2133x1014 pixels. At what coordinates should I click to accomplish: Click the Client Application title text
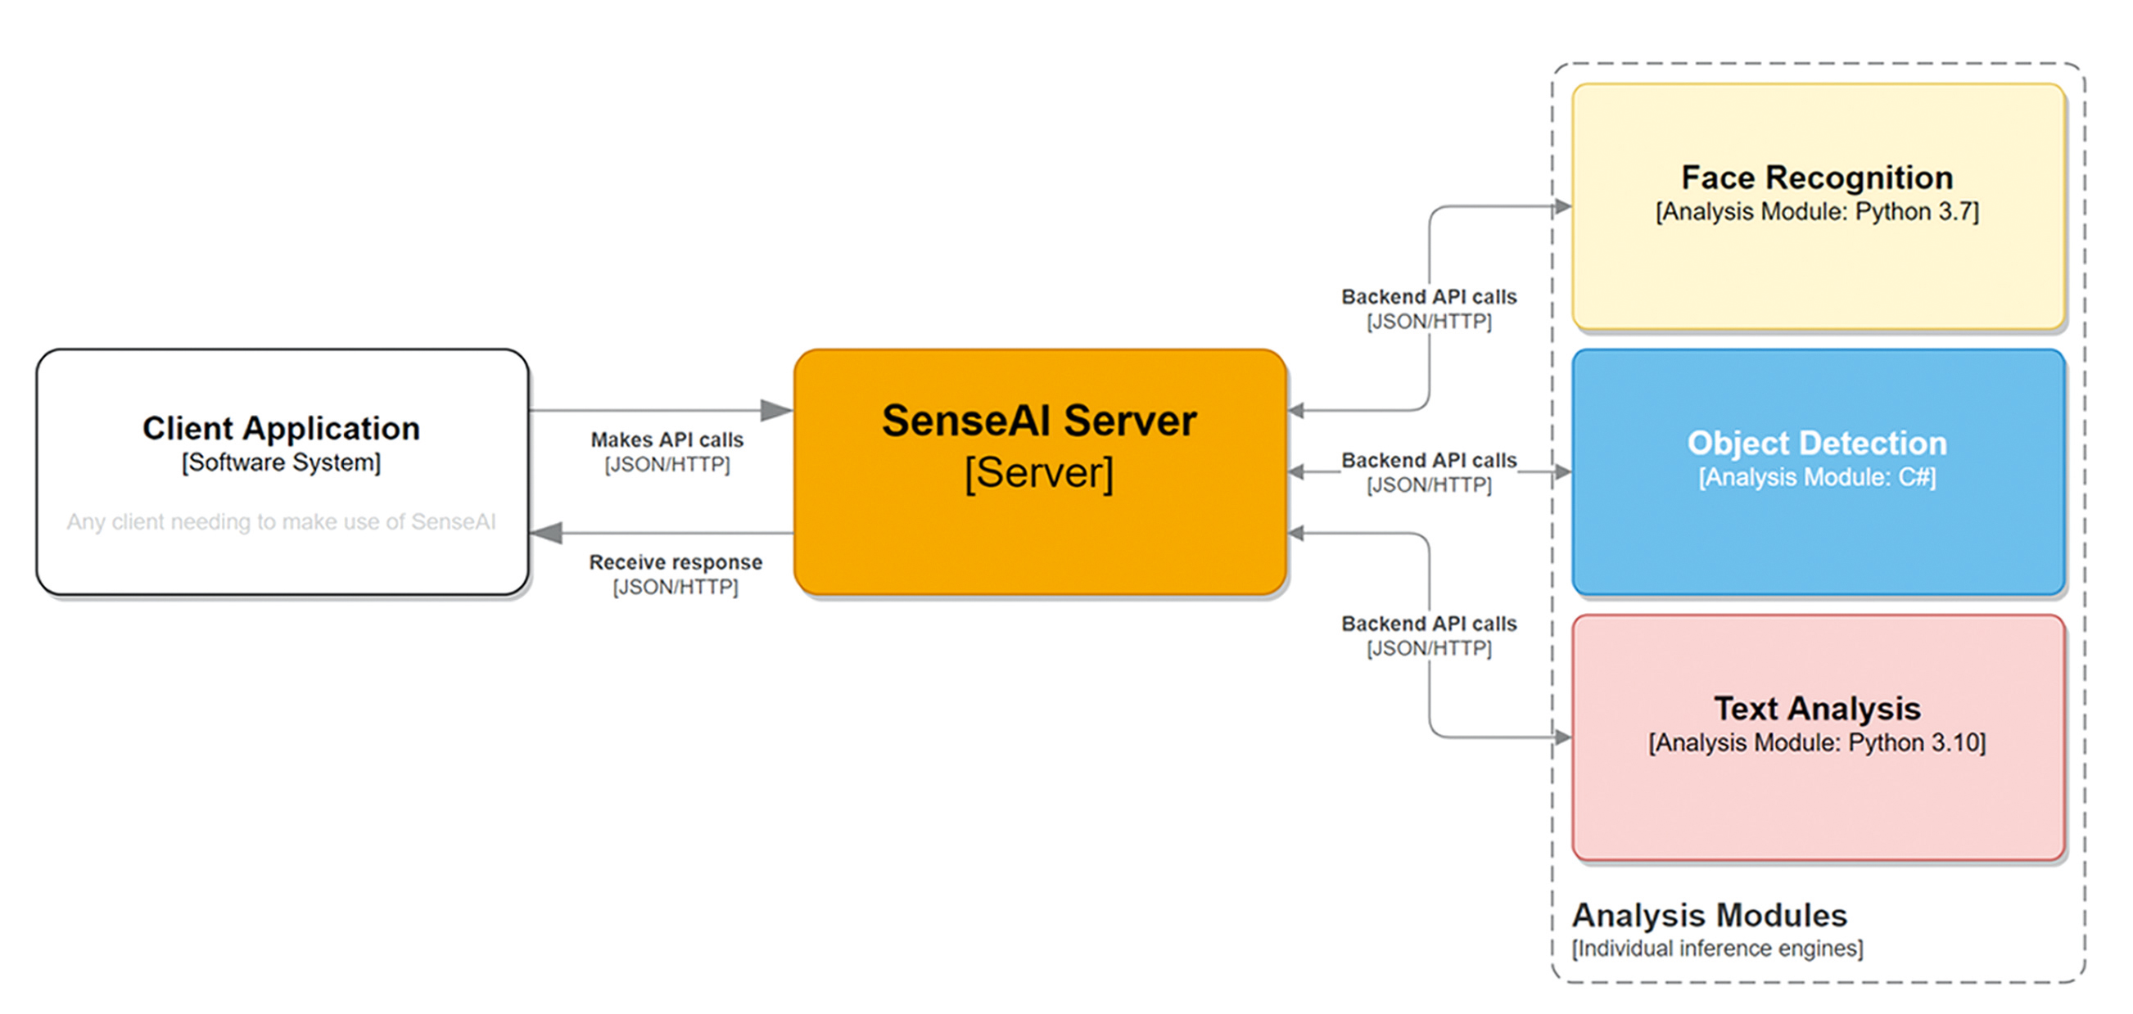coord(281,429)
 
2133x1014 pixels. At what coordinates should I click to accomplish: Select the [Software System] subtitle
coord(281,462)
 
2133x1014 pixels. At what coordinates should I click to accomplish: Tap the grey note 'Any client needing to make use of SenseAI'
coord(281,522)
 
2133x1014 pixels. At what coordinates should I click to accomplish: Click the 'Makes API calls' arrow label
coord(667,440)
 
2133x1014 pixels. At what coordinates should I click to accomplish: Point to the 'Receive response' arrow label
coord(675,563)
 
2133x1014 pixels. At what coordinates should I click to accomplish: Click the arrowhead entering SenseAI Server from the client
coord(777,410)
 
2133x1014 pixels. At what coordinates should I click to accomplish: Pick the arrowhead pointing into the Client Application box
coord(546,533)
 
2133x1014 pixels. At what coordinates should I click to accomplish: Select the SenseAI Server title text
coord(1038,421)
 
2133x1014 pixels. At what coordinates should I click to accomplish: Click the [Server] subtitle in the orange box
coord(1038,474)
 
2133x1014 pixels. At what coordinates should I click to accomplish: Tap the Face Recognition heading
coord(1817,178)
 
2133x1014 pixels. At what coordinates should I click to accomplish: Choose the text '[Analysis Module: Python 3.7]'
coord(1817,212)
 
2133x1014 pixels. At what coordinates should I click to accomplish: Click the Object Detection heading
coord(1817,444)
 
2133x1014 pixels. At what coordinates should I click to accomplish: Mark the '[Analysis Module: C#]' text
coord(1817,478)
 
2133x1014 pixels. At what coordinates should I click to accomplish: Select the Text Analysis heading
coord(1817,710)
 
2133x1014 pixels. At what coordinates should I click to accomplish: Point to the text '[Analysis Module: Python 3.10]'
coord(1817,743)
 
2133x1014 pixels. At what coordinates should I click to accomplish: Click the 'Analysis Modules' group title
coord(1709,916)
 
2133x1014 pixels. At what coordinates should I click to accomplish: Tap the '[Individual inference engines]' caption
coord(1717,949)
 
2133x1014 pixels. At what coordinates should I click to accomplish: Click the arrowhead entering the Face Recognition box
coord(1561,207)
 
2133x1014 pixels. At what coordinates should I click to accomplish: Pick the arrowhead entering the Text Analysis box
coord(1561,737)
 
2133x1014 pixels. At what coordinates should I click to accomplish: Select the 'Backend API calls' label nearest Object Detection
coord(1428,460)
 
